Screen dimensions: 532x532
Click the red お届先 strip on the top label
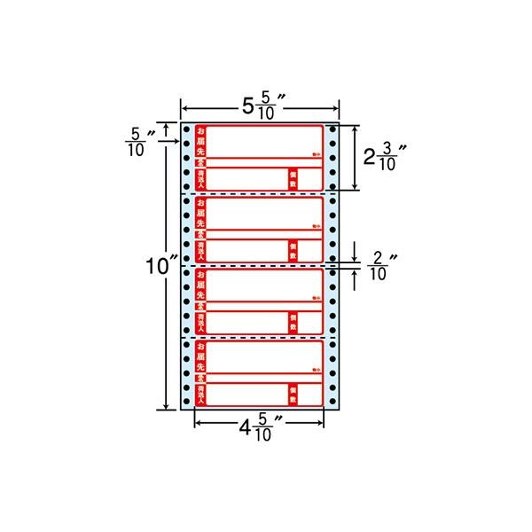pyautogui.click(x=199, y=141)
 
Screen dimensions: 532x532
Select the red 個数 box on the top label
pyautogui.click(x=293, y=178)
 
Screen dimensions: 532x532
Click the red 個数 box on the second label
pyautogui.click(x=293, y=249)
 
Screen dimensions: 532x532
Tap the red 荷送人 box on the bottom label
pyautogui.click(x=200, y=394)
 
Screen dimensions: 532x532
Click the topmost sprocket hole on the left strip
pyautogui.click(x=187, y=130)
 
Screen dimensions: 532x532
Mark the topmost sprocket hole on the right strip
pyautogui.click(x=332, y=130)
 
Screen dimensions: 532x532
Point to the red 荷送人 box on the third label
pyautogui.click(x=200, y=321)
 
